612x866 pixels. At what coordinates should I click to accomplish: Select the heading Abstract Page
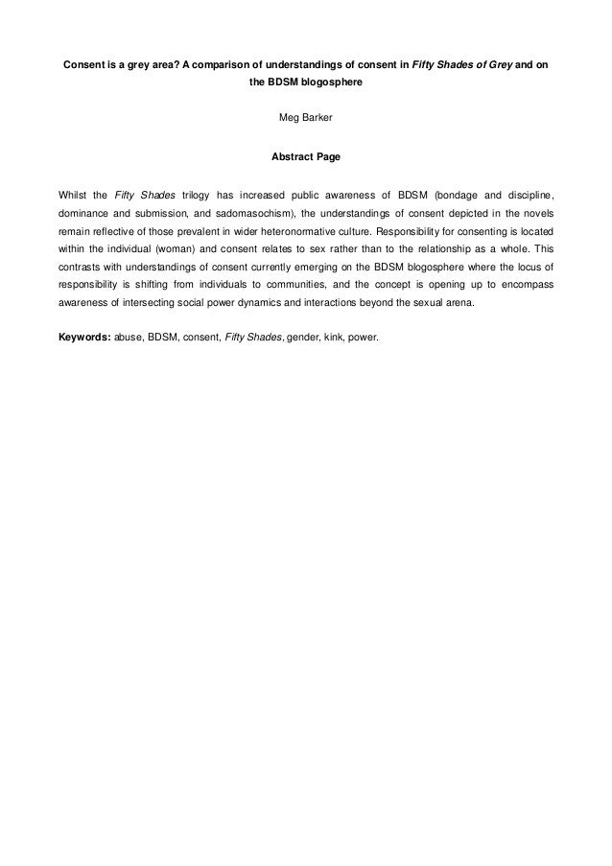[x=306, y=155]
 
